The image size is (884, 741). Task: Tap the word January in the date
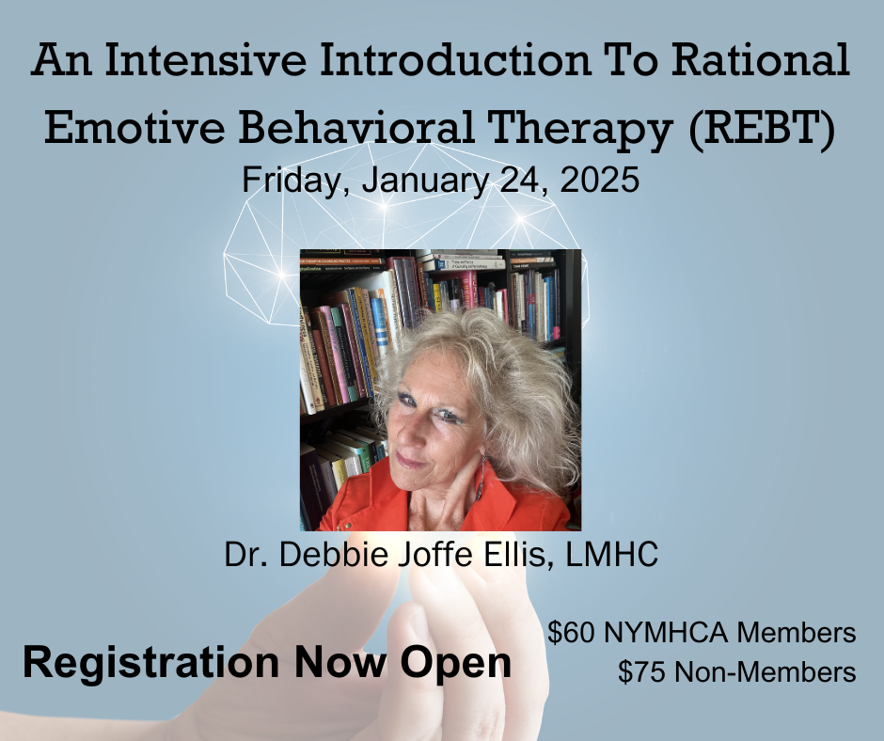tap(425, 181)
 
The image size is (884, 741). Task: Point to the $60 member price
tap(571, 632)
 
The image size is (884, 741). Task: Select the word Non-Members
tap(766, 671)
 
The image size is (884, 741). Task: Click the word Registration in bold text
tap(150, 662)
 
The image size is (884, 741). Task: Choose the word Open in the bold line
tap(455, 663)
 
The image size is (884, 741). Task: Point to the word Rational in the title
tap(761, 60)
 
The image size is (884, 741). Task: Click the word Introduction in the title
tap(455, 60)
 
